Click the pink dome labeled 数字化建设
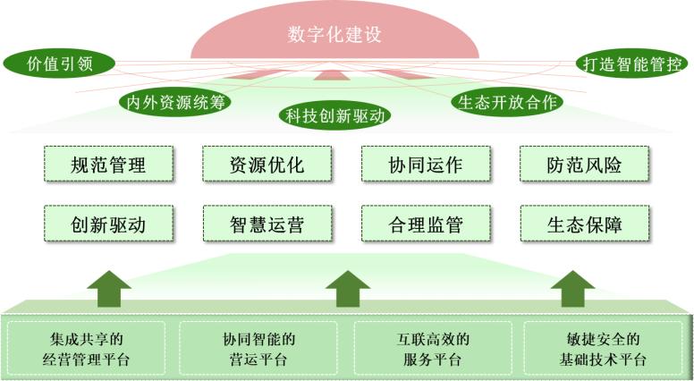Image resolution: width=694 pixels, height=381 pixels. (334, 36)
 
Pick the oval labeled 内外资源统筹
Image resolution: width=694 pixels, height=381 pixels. (174, 101)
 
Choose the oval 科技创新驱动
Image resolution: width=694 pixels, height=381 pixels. (334, 115)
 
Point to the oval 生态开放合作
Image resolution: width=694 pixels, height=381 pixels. (507, 101)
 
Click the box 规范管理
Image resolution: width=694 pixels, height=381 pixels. (107, 165)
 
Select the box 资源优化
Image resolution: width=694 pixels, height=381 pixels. (267, 165)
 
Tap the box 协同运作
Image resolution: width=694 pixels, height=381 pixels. (426, 165)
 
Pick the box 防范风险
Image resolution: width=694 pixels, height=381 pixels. (584, 165)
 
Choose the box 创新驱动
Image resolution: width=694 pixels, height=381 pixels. (107, 224)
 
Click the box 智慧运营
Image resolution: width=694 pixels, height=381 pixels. (267, 224)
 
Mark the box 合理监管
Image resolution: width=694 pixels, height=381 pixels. (426, 224)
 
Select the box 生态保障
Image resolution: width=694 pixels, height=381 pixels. (584, 224)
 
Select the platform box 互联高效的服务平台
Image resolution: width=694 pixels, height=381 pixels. (434, 349)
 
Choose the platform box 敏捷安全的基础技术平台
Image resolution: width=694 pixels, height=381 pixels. (601, 349)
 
